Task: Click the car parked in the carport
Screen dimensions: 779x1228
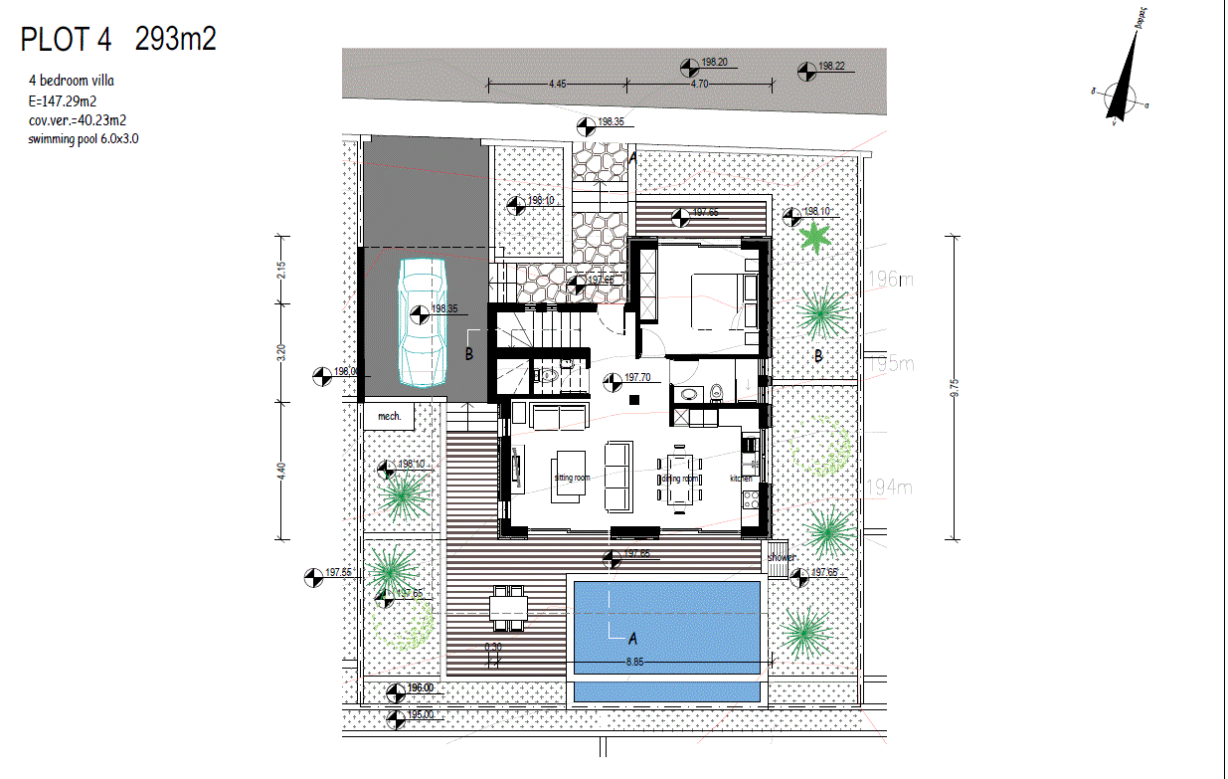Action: pyautogui.click(x=423, y=320)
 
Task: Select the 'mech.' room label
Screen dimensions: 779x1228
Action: pyautogui.click(x=390, y=416)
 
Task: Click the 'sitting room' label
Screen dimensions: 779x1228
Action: pyautogui.click(x=572, y=478)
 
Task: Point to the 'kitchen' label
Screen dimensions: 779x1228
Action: pyautogui.click(x=742, y=479)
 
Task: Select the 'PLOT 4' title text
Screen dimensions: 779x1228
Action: pyautogui.click(x=66, y=39)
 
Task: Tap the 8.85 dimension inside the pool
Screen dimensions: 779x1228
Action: pyautogui.click(x=634, y=661)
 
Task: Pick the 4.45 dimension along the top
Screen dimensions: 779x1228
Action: pyautogui.click(x=557, y=85)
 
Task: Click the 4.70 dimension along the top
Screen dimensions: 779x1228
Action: pyautogui.click(x=699, y=85)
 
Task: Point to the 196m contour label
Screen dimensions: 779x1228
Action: pyautogui.click(x=891, y=280)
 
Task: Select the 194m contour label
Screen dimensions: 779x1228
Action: pyautogui.click(x=891, y=487)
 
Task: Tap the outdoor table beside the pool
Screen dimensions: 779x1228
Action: pyautogui.click(x=509, y=608)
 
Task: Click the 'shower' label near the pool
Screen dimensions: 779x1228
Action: pyautogui.click(x=781, y=557)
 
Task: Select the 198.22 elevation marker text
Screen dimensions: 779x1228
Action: pyautogui.click(x=830, y=67)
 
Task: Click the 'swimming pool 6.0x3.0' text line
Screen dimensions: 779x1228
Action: pyautogui.click(x=85, y=139)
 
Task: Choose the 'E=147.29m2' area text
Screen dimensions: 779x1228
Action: pyautogui.click(x=63, y=100)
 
